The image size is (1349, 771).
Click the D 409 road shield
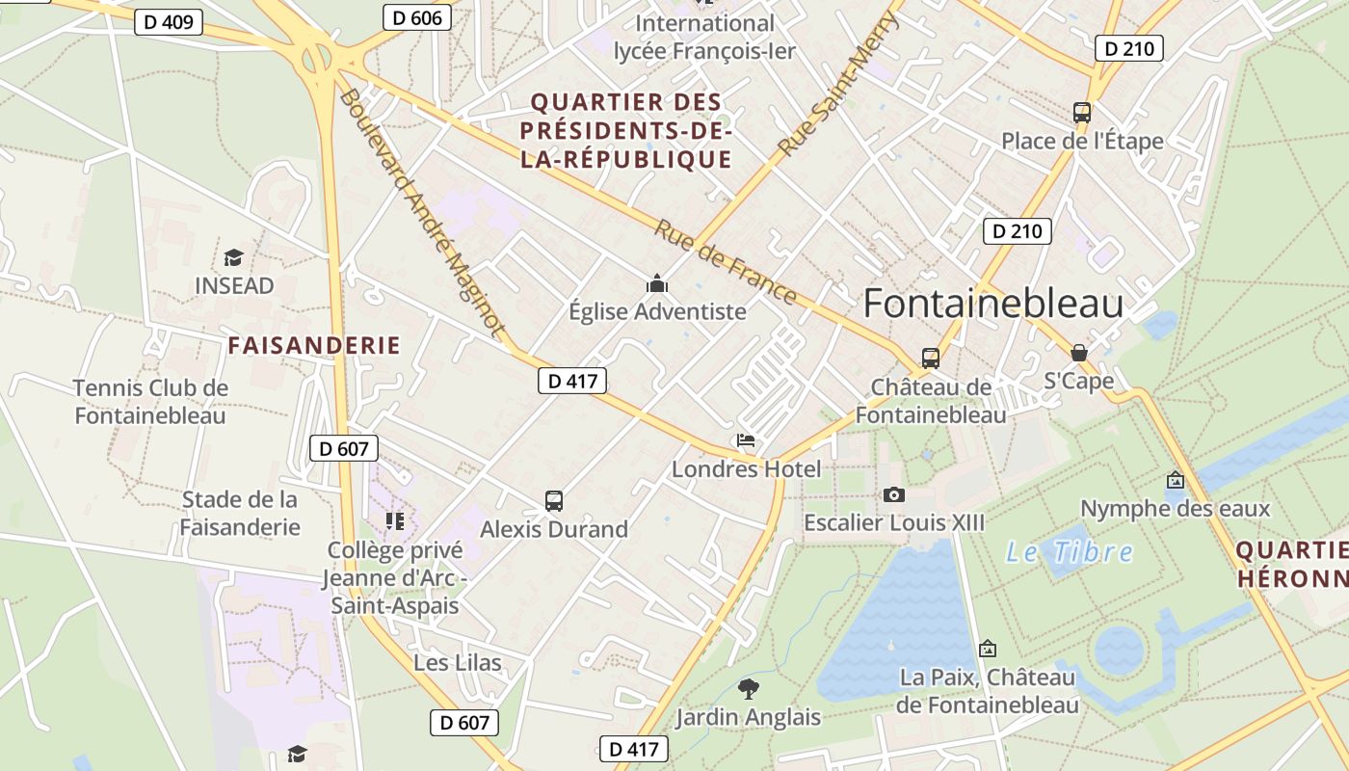click(169, 22)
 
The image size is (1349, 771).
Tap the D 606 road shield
click(417, 17)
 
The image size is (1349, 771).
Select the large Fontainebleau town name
click(993, 304)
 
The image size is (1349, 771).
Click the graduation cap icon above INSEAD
click(233, 257)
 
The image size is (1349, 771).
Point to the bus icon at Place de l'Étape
click(1082, 113)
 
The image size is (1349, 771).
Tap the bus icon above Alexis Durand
click(554, 501)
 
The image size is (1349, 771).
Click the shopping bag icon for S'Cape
click(1079, 353)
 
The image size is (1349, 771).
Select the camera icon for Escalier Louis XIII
click(894, 494)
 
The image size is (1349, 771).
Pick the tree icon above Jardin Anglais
click(748, 689)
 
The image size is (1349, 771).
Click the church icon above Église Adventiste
click(657, 283)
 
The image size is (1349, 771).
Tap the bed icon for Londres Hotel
click(746, 441)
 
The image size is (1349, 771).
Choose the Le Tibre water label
click(1070, 552)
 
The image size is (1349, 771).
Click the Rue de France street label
click(726, 262)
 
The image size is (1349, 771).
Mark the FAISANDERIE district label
click(314, 346)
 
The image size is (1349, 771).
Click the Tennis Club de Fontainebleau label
click(150, 402)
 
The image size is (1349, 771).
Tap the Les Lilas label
click(458, 663)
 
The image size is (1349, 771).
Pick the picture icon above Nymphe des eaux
click(1176, 480)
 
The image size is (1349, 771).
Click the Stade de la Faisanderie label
click(240, 513)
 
